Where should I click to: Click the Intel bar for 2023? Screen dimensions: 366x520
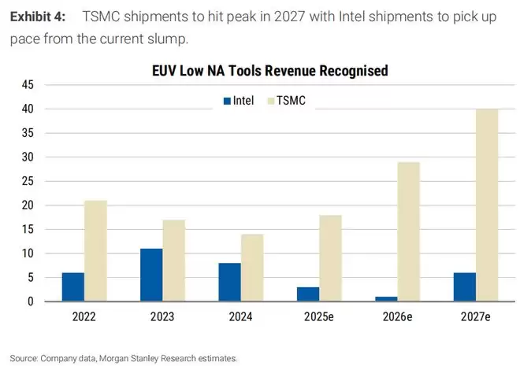tap(151, 275)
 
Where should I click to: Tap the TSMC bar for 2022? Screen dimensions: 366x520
tap(95, 251)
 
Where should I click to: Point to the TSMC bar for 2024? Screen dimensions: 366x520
tap(252, 268)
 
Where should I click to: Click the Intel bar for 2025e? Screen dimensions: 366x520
tap(309, 294)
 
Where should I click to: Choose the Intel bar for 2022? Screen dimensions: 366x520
tap(73, 287)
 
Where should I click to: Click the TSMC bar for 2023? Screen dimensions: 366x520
tap(174, 261)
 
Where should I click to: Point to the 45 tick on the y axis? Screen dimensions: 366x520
tap(28, 84)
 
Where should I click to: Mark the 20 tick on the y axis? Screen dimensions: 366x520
tap(28, 205)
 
